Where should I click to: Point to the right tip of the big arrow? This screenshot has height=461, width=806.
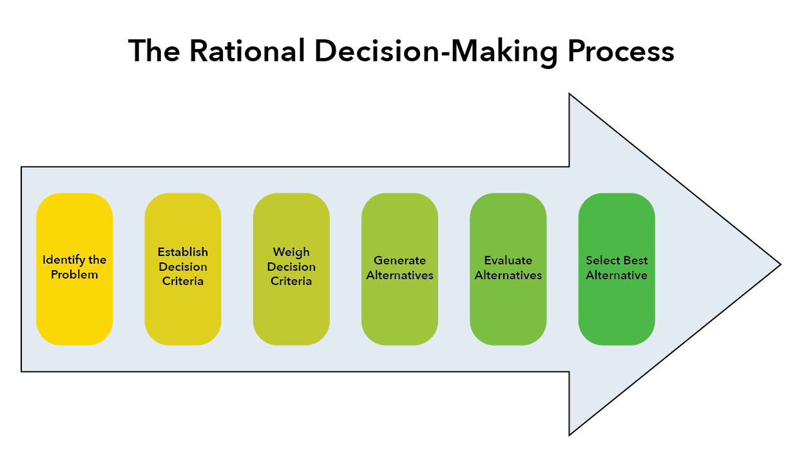point(779,264)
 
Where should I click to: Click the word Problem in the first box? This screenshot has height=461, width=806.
point(75,275)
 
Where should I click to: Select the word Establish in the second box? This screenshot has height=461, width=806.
point(183,252)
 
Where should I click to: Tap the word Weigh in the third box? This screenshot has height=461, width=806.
point(291,252)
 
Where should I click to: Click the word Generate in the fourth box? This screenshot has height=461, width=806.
point(399,260)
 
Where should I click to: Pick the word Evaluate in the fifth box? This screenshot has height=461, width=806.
point(508,260)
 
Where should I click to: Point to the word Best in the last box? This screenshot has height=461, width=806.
point(635,260)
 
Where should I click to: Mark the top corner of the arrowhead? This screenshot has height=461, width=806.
point(570,95)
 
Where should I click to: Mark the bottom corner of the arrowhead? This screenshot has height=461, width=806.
point(570,434)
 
